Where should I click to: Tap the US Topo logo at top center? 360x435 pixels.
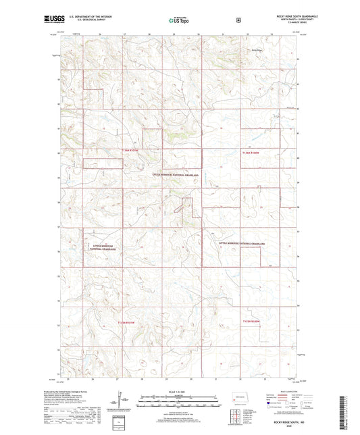click(x=179, y=21)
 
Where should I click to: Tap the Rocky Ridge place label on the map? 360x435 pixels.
click(x=257, y=49)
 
